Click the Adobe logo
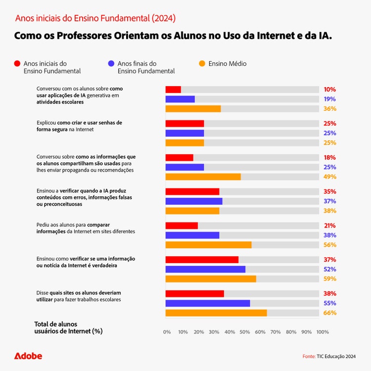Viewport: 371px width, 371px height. [28, 356]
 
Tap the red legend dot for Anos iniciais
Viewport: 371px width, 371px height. [17, 64]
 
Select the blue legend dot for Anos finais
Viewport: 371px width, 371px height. [111, 64]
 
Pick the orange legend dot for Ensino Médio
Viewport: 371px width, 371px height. [202, 64]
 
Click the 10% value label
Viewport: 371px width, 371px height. [329, 90]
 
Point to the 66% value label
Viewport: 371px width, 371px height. [329, 313]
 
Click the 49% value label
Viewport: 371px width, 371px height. [329, 177]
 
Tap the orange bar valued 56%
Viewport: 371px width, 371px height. [208, 245]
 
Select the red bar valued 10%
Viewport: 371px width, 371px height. [173, 90]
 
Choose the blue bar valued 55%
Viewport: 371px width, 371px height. [207, 303]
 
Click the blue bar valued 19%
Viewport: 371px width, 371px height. [180, 99]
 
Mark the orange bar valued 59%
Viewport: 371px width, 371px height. [211, 279]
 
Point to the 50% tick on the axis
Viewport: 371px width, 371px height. [244, 332]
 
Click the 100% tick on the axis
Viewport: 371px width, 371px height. [322, 332]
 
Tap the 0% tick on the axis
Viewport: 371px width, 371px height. [167, 332]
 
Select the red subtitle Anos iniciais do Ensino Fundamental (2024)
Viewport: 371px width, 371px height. [95, 18]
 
